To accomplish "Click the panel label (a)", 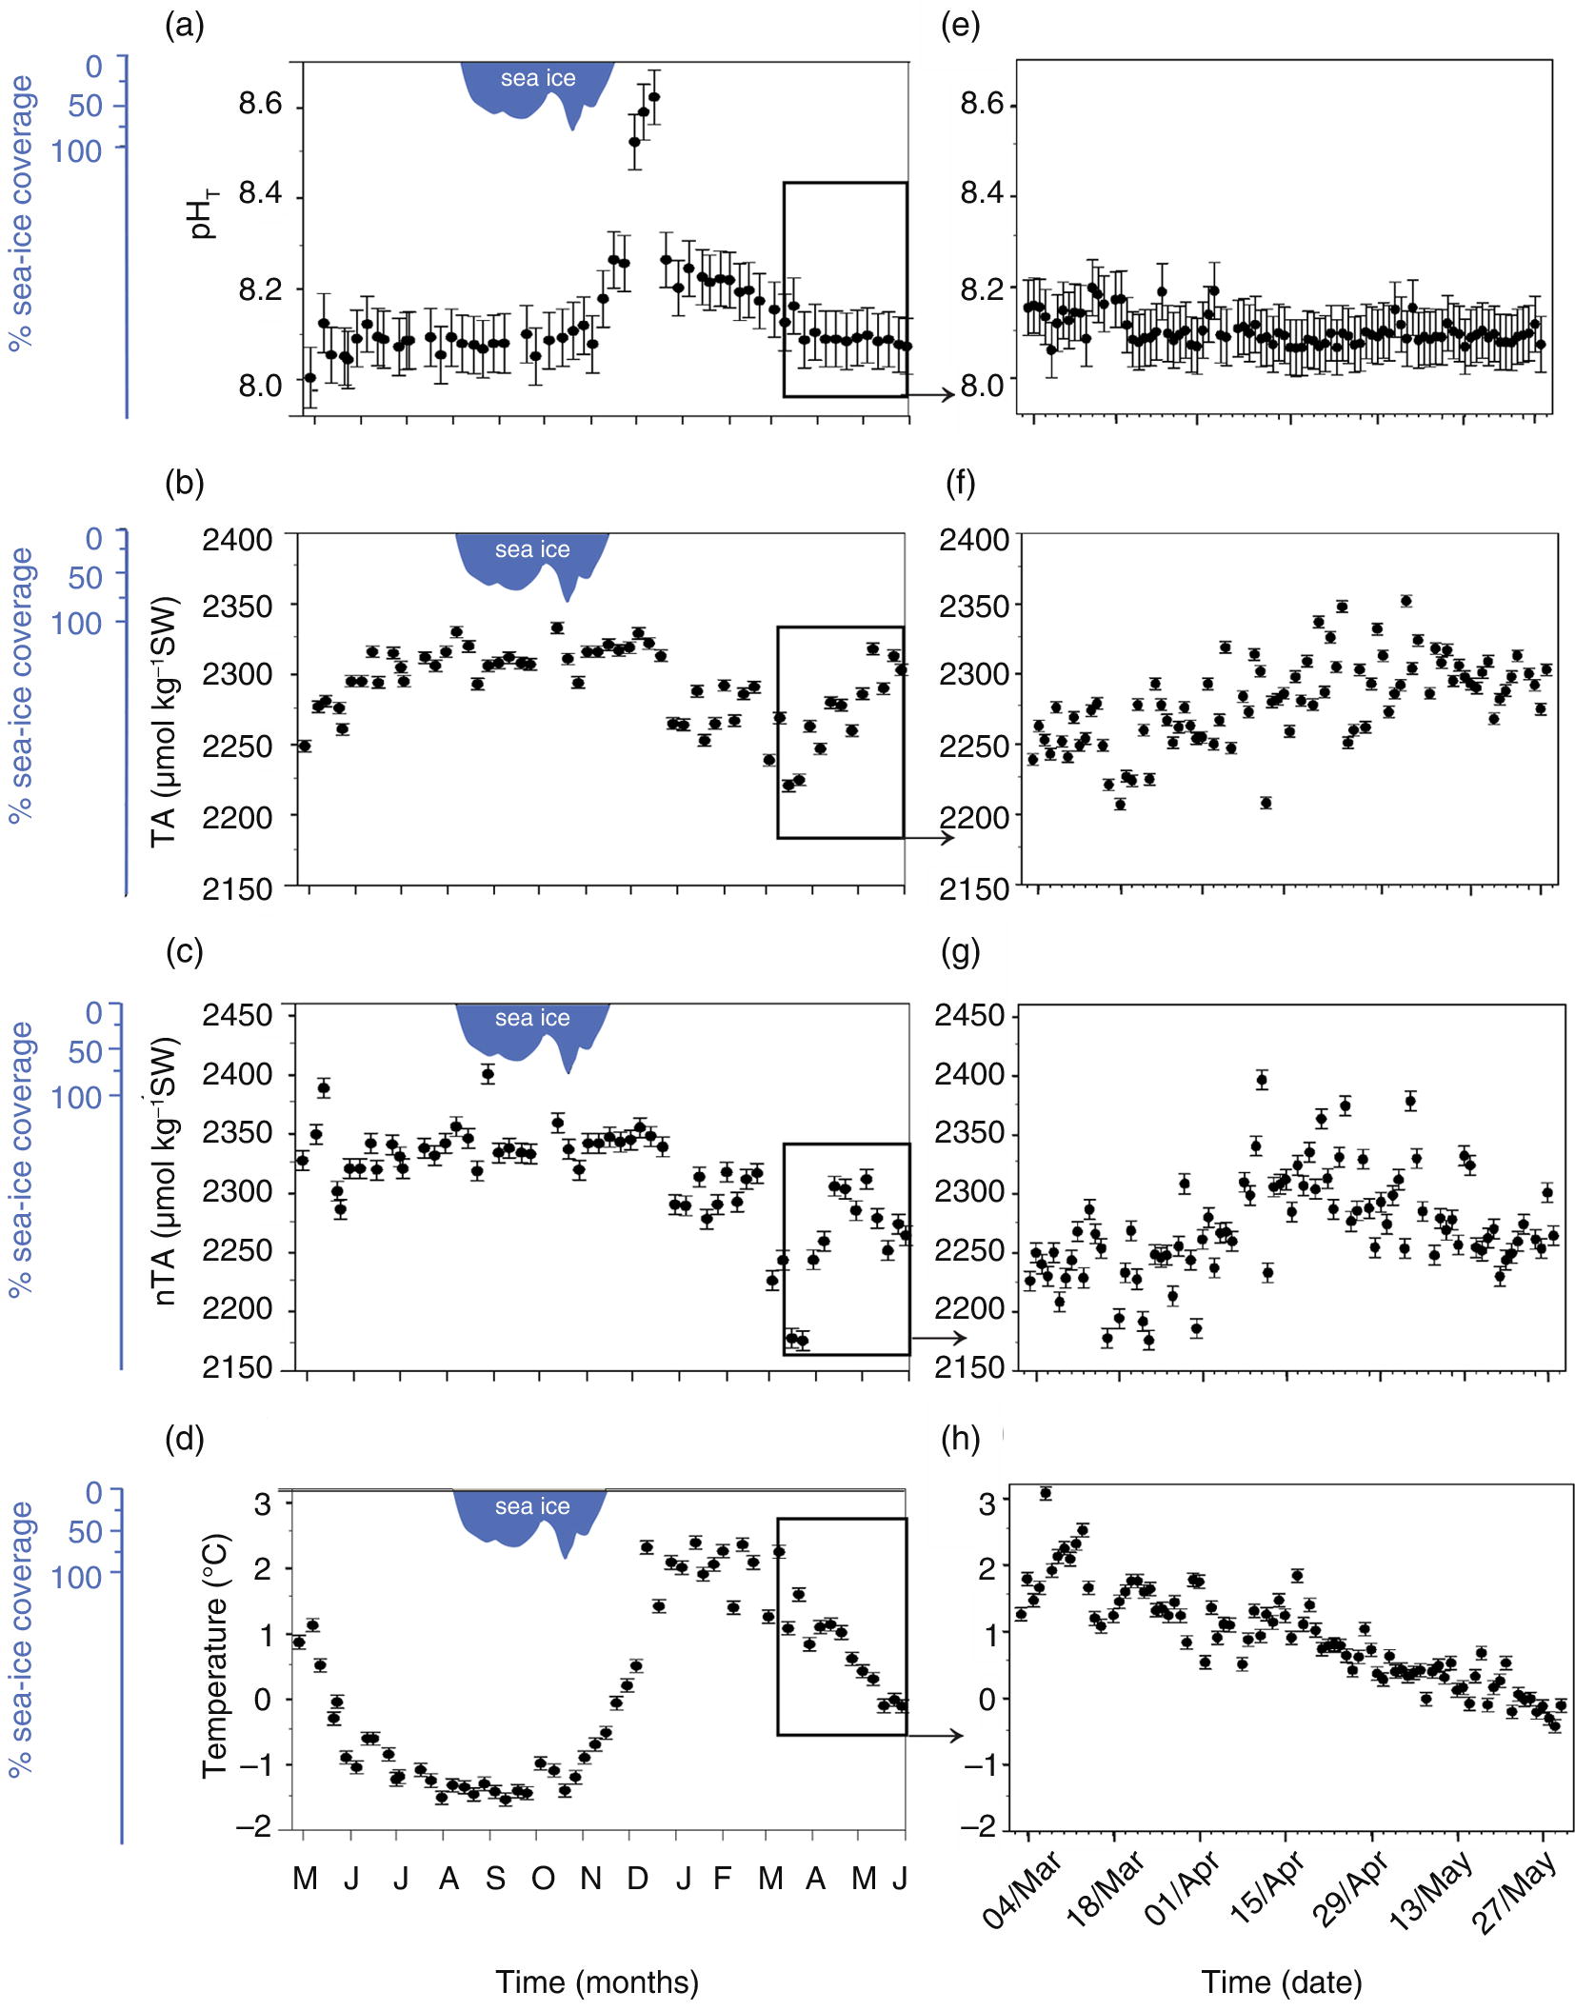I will (184, 26).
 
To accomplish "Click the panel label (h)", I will (960, 1439).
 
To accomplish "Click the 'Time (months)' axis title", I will (597, 1981).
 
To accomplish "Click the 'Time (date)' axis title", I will (1281, 1981).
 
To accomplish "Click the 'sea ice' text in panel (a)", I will (538, 79).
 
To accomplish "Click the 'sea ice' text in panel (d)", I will (532, 1506).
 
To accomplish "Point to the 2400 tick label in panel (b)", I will (237, 539).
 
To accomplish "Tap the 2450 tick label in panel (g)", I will (969, 1015).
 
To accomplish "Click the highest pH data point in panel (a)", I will (654, 96).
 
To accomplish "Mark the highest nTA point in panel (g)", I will (1262, 1080).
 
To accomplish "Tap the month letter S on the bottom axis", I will (495, 1878).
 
